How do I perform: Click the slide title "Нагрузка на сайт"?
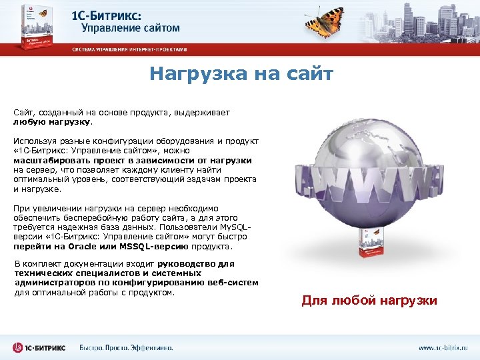[241, 73]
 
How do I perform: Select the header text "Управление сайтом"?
[131, 28]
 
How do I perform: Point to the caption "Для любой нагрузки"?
[369, 301]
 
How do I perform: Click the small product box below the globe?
[367, 245]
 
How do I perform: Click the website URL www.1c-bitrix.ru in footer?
[443, 347]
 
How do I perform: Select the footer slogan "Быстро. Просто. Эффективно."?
[126, 347]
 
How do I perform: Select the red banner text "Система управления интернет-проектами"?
[130, 49]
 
